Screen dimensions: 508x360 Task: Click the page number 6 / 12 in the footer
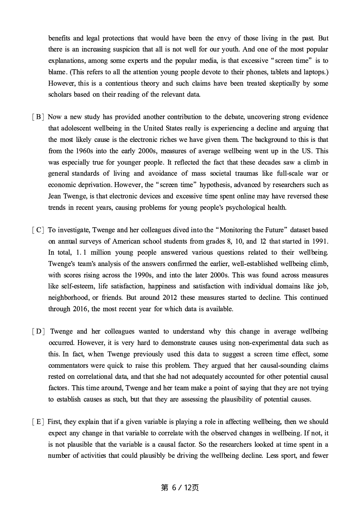pos(180,488)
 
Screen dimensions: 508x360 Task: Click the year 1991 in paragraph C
pos(320,241)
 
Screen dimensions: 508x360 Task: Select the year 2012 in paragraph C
pos(170,298)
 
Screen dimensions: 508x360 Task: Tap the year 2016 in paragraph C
pos(81,309)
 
